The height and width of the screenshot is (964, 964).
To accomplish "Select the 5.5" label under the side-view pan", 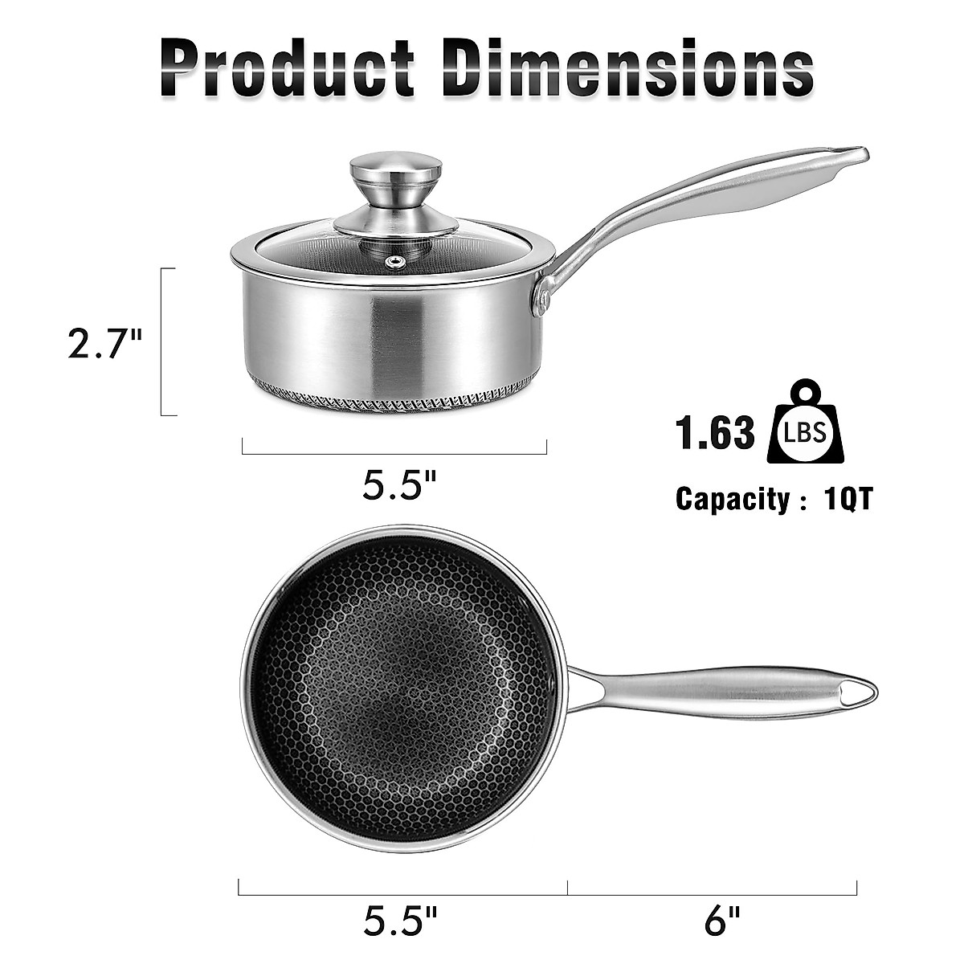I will point(400,484).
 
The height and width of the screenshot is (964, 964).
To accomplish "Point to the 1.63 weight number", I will point(715,433).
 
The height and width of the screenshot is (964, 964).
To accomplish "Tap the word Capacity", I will point(733,499).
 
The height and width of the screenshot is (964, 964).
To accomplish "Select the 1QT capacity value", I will point(848,499).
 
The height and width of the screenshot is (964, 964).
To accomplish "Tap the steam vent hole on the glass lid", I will point(394,262).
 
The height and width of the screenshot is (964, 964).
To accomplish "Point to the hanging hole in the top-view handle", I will point(859,692).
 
